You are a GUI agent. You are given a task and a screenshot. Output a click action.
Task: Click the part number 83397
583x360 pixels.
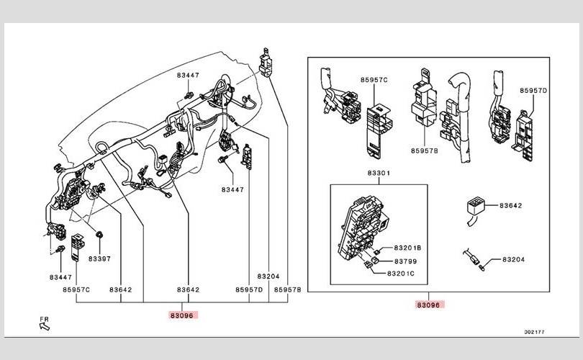[x=99, y=257]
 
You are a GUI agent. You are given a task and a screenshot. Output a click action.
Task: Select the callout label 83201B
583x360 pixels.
[x=407, y=247]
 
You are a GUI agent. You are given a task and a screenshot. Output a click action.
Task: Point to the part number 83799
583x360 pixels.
[x=405, y=261]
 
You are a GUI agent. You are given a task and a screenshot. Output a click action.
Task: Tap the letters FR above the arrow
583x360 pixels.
[x=43, y=317]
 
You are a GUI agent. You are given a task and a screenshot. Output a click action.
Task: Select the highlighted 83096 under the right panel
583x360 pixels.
[x=430, y=305]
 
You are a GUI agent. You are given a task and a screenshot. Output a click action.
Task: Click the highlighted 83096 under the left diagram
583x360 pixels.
[x=183, y=315]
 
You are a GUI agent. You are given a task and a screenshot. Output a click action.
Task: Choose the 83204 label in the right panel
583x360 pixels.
[x=512, y=258]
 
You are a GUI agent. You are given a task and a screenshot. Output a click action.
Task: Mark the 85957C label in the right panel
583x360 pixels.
[x=374, y=80]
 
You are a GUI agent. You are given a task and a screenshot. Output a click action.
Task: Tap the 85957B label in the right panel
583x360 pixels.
[x=425, y=151]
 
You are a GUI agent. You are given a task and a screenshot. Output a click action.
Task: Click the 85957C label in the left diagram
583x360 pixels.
[x=76, y=290]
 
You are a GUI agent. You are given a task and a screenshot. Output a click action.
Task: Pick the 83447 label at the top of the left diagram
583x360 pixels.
[x=187, y=74]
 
